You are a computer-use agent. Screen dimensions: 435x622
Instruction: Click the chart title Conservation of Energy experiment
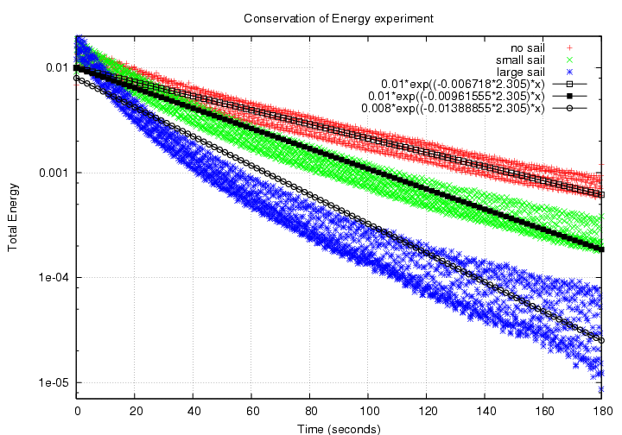click(326, 17)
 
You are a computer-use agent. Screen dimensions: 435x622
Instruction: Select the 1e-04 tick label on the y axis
click(53, 278)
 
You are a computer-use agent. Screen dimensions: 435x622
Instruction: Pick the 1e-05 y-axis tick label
click(53, 382)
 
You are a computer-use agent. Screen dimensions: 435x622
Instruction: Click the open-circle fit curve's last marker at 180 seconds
click(601, 340)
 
